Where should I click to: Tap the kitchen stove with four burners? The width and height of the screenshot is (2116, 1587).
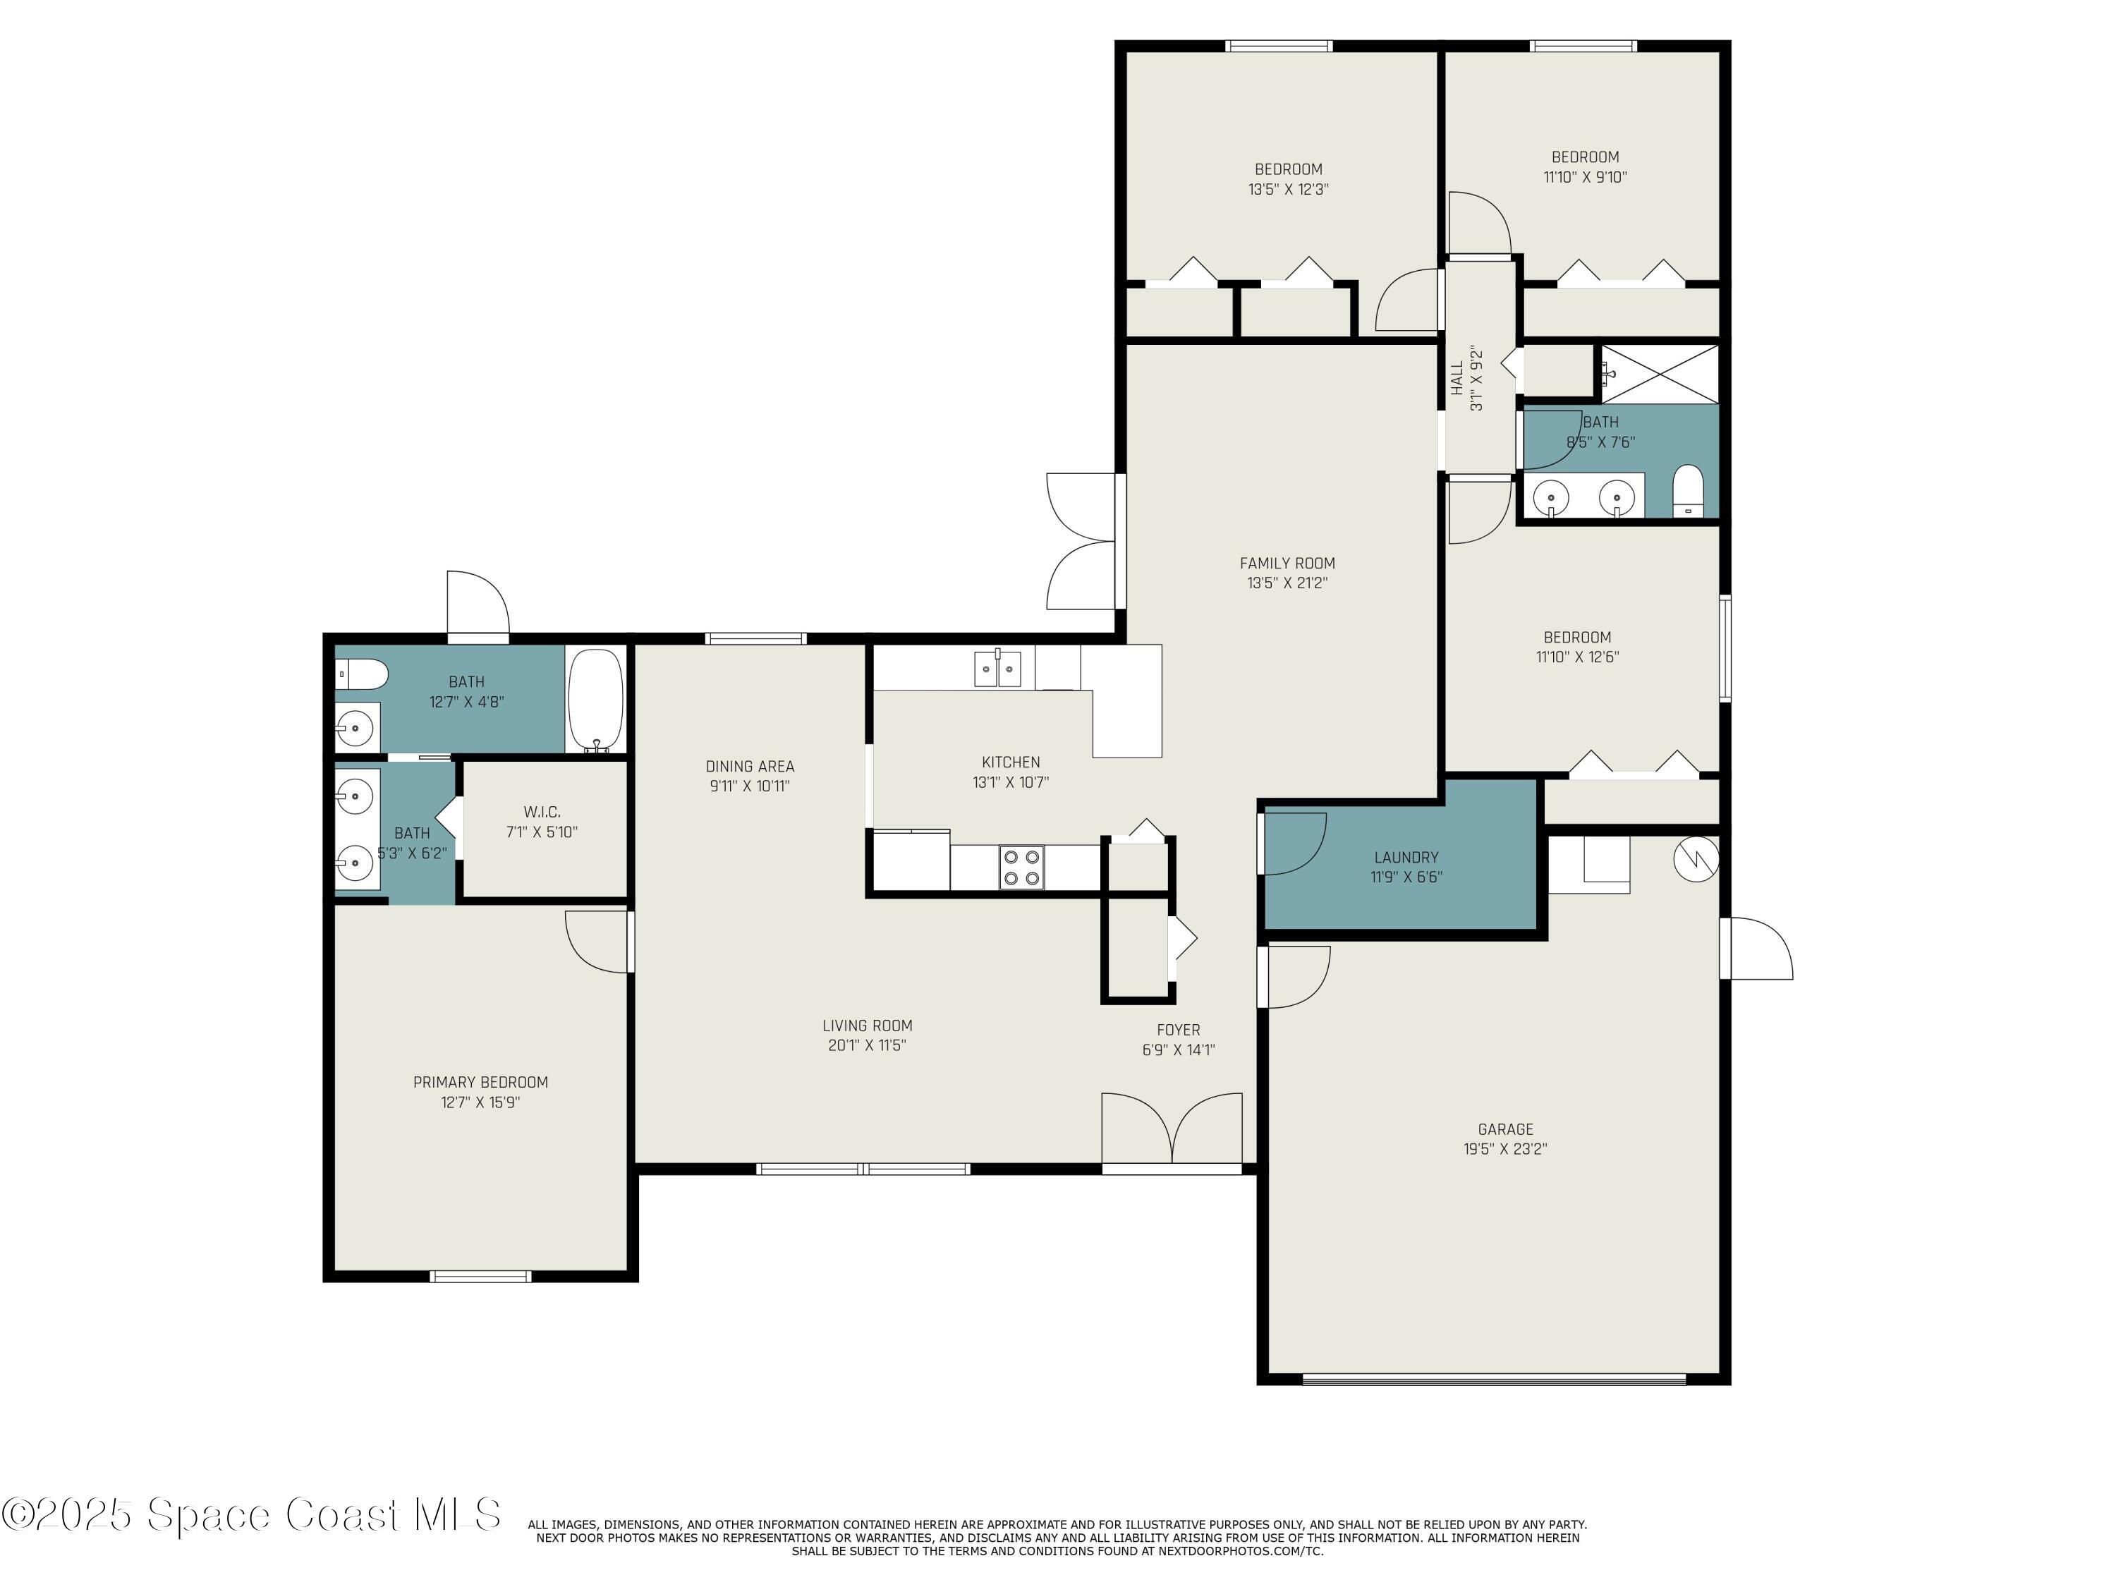1021,867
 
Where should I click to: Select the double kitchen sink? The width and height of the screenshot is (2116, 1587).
998,668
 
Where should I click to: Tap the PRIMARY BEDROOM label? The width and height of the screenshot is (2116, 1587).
480,1082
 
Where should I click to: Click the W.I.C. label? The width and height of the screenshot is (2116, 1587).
542,812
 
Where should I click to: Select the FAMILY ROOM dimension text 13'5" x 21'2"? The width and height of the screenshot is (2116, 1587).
1287,583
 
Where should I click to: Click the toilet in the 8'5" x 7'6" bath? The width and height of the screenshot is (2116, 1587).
1687,491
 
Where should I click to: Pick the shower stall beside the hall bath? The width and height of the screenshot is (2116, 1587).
1660,374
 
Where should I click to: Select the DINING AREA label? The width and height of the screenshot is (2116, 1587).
750,766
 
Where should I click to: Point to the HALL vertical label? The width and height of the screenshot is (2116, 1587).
1456,378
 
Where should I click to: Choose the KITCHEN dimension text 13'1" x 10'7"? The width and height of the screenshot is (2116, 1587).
1011,782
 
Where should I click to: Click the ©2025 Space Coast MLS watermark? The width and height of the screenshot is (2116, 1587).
250,1514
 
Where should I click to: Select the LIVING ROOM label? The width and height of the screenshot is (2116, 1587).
868,1026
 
